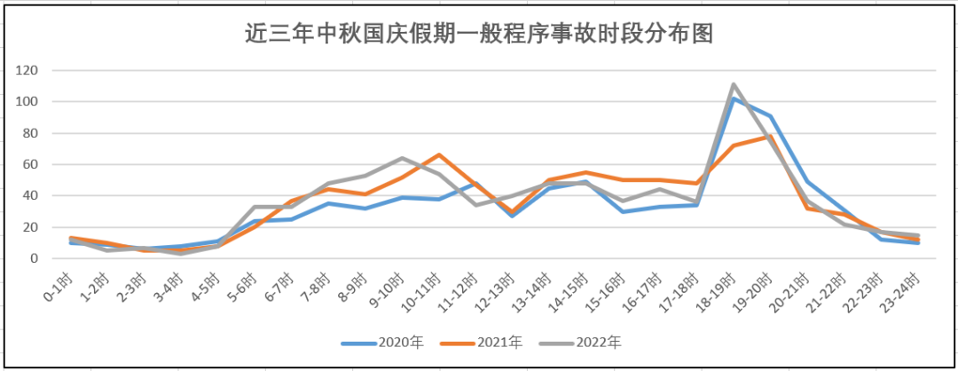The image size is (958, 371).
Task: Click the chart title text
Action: tap(480, 33)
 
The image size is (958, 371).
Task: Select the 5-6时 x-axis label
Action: tap(245, 286)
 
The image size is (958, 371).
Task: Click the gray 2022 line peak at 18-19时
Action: tap(734, 85)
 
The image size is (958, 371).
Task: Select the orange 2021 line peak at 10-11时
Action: tap(438, 155)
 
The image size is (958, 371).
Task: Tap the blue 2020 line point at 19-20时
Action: tap(771, 116)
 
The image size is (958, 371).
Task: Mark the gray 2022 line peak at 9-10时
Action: tap(402, 158)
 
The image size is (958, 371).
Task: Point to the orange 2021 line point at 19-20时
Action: tap(771, 137)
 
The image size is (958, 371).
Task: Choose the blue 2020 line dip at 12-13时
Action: tap(513, 216)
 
